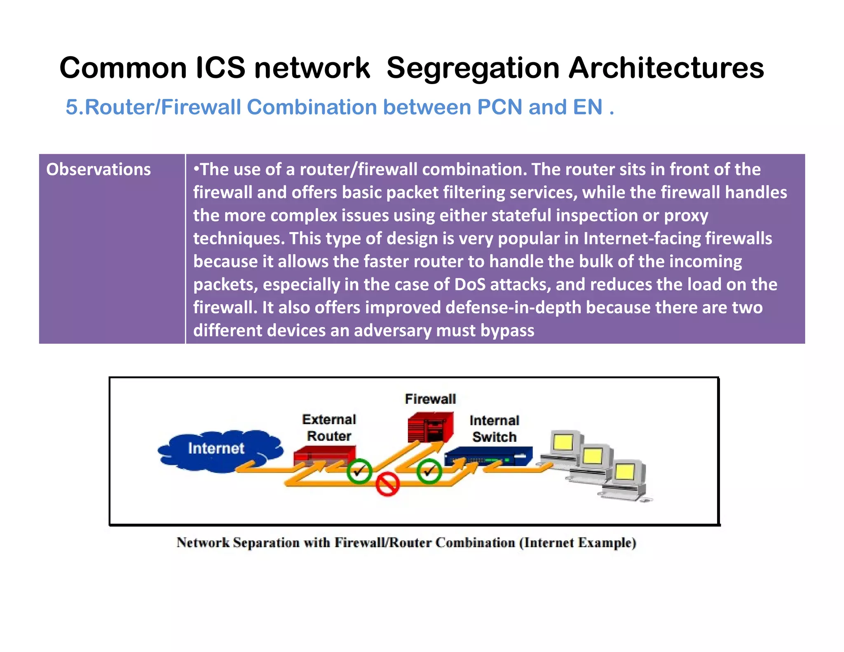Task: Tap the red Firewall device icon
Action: [x=430, y=427]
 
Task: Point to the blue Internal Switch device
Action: [x=488, y=456]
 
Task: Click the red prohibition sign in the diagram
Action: [x=387, y=484]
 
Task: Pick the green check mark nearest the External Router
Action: [x=359, y=471]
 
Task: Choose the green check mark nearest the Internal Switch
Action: [x=429, y=471]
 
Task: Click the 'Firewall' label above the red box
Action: [x=430, y=399]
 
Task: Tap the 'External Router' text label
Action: [x=329, y=428]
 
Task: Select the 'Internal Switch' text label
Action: [x=494, y=429]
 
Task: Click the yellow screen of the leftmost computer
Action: [x=563, y=443]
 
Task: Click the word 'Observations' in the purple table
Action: [x=98, y=170]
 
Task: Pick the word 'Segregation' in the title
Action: [x=473, y=68]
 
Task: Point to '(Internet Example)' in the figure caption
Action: [x=577, y=543]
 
